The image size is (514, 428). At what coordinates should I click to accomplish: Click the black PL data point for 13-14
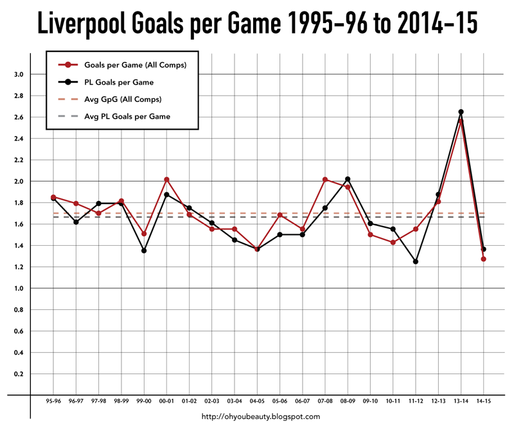461,112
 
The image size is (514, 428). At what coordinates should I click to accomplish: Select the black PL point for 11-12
416,262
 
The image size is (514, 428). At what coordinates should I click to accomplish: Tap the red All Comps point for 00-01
166,180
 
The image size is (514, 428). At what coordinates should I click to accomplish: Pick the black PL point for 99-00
144,251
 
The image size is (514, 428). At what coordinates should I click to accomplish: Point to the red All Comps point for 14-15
483,259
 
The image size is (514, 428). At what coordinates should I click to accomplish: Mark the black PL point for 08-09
348,179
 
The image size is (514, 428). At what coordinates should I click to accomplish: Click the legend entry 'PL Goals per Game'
118,82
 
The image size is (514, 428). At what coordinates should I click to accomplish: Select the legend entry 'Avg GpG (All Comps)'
122,99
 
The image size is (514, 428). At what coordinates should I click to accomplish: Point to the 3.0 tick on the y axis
19,74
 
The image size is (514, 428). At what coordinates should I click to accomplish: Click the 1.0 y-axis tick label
19,289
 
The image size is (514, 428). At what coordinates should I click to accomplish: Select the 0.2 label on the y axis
19,374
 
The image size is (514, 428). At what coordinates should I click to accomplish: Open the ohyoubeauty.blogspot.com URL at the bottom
261,417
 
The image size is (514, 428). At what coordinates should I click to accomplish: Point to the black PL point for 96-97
76,222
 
